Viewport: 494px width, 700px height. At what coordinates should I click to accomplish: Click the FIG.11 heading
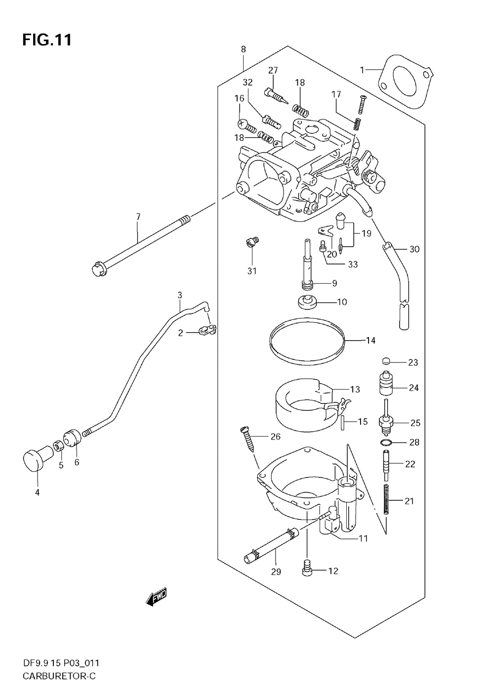tap(47, 40)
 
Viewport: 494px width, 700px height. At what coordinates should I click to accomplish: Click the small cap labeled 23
tap(386, 361)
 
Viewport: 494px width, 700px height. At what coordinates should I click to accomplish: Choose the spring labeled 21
tap(387, 499)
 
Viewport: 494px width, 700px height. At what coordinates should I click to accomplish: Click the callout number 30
tap(414, 249)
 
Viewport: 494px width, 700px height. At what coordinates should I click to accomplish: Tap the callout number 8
tap(243, 49)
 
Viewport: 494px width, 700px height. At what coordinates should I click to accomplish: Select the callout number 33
tap(353, 264)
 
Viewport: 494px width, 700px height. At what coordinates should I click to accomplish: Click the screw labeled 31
tap(251, 242)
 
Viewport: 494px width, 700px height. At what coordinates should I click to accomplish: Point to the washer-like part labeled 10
tap(306, 302)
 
